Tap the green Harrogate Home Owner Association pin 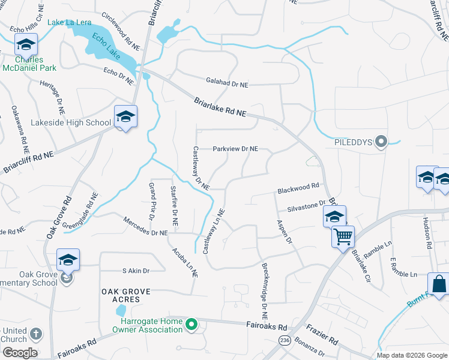tap(191, 326)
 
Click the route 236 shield tap(283, 340)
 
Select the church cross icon tap(35, 334)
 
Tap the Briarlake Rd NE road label tap(221, 107)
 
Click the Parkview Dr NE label tap(236, 149)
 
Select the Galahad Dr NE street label tap(227, 85)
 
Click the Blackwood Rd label tap(297, 190)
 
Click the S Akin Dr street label tap(135, 271)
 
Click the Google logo tap(20, 353)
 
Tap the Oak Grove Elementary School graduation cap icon tap(68, 260)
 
